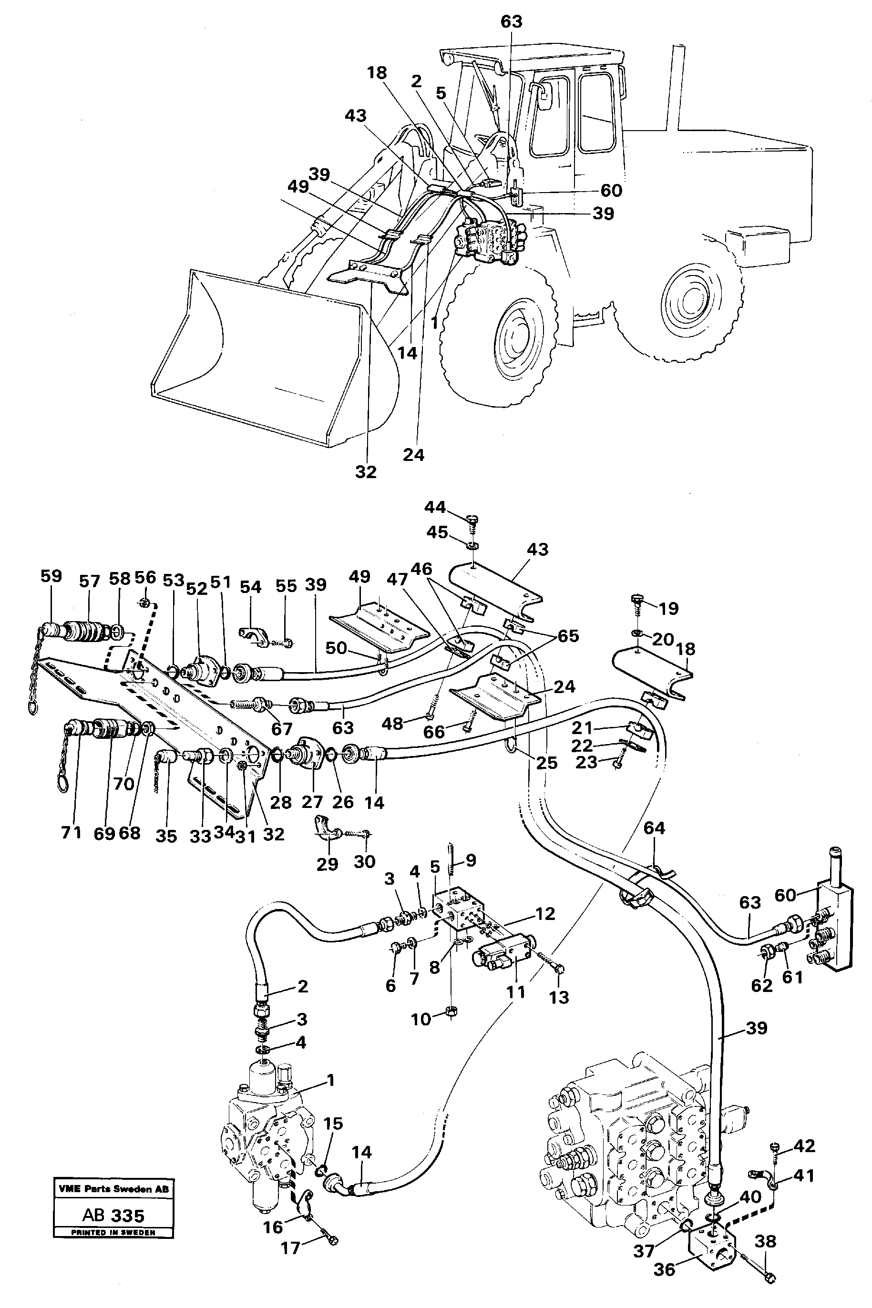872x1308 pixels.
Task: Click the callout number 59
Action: pyautogui.click(x=51, y=576)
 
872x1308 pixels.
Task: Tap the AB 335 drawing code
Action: pyautogui.click(x=113, y=1215)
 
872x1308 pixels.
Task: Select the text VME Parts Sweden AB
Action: pyautogui.click(x=113, y=1189)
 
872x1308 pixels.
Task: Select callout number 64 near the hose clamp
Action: pyautogui.click(x=654, y=828)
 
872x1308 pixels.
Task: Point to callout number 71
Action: pyautogui.click(x=71, y=833)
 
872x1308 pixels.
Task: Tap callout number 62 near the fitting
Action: pyautogui.click(x=761, y=986)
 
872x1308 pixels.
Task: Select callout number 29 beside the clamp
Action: pyautogui.click(x=327, y=864)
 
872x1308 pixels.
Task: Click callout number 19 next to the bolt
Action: pyautogui.click(x=668, y=608)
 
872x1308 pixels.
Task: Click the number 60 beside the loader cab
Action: pyautogui.click(x=611, y=190)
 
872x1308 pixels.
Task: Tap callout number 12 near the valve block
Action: pyautogui.click(x=545, y=914)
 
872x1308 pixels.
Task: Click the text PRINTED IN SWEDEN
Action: pyautogui.click(x=113, y=1232)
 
